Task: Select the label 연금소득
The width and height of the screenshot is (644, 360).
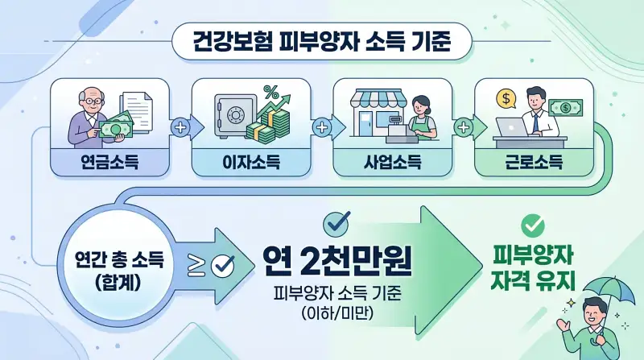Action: click(109, 165)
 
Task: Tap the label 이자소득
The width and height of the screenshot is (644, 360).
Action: click(250, 165)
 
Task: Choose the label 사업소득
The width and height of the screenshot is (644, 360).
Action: click(390, 165)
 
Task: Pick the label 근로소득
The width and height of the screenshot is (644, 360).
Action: click(533, 165)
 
